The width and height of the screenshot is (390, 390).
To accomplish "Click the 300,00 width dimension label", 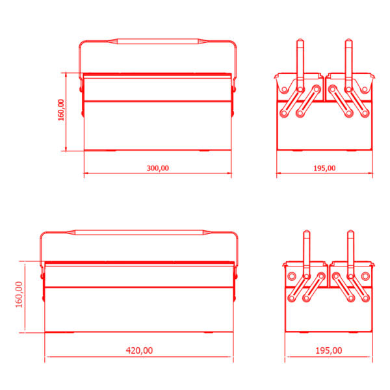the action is (158, 168).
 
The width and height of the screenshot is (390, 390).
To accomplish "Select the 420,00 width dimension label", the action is (139, 350).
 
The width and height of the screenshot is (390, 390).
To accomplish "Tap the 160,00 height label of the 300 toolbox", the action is (61, 110).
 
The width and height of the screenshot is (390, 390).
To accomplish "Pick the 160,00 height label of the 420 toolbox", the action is (19, 294).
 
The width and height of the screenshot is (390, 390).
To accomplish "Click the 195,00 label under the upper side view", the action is (324, 168).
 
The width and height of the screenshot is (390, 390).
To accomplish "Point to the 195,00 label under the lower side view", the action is (328, 350).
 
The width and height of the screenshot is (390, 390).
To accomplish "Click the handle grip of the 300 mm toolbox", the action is (158, 42).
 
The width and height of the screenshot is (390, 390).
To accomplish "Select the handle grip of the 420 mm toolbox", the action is (139, 233).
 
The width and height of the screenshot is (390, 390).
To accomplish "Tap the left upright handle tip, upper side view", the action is (300, 40).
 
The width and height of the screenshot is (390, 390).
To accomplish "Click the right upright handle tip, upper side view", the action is (348, 40).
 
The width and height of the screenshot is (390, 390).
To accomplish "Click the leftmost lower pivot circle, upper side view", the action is (284, 113).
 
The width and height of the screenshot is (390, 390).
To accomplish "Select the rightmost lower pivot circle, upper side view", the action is (365, 113).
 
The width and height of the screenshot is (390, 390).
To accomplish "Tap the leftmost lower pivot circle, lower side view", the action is (291, 298).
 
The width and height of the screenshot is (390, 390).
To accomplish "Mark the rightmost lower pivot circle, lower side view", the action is (365, 298).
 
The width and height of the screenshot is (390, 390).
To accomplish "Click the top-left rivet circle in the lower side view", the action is (291, 276).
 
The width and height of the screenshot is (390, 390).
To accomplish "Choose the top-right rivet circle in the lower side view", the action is (365, 276).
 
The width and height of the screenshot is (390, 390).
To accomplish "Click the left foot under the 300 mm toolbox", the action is (111, 151).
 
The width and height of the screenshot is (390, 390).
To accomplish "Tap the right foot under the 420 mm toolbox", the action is (209, 332).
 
